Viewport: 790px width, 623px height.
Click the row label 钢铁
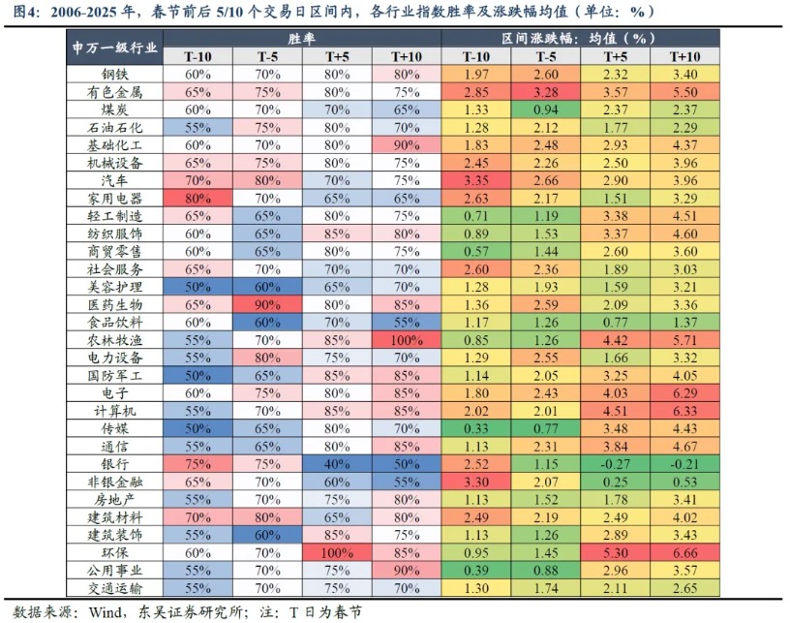[x=115, y=75]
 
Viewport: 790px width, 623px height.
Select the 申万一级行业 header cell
[x=115, y=47]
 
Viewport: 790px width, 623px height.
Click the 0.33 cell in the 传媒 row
[x=475, y=427]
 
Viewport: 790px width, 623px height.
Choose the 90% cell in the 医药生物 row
[x=267, y=304]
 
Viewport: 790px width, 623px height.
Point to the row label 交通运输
[x=115, y=586]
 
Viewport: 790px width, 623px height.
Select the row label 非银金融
[x=115, y=481]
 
